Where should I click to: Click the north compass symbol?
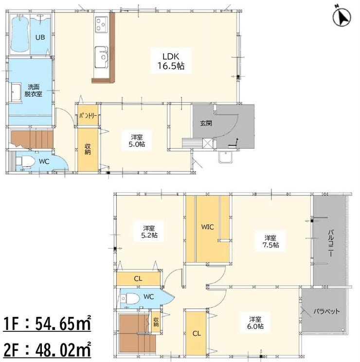[342, 17]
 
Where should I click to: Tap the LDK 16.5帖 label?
[171, 61]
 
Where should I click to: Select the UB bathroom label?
[40, 37]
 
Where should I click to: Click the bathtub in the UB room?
[20, 34]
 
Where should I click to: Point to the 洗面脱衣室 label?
[33, 90]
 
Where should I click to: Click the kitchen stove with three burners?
[101, 24]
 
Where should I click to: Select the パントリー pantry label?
[88, 116]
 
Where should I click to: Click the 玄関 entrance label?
[206, 123]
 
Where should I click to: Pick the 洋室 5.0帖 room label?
[137, 140]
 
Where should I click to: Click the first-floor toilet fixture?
[24, 161]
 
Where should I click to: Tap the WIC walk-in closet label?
[207, 227]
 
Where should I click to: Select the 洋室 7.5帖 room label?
[270, 241]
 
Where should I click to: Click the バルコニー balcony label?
[330, 243]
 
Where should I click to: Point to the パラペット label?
[327, 311]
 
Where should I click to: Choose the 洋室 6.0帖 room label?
[255, 323]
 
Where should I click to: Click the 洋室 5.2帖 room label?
[149, 232]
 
